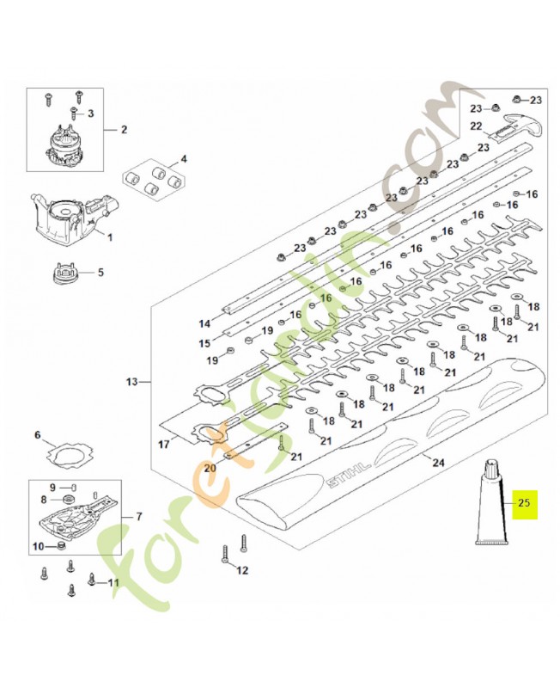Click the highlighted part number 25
click(524, 503)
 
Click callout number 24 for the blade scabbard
click(438, 462)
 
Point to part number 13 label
click(131, 382)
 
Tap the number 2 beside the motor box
click(124, 130)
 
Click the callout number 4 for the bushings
click(184, 159)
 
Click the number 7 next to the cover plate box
click(139, 517)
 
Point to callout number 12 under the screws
click(242, 570)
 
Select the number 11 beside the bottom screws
click(113, 583)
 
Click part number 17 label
click(163, 445)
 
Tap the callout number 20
click(210, 468)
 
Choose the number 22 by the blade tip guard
click(477, 126)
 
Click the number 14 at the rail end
click(204, 324)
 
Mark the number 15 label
click(204, 343)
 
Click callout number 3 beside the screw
click(90, 114)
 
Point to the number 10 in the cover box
click(39, 547)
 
